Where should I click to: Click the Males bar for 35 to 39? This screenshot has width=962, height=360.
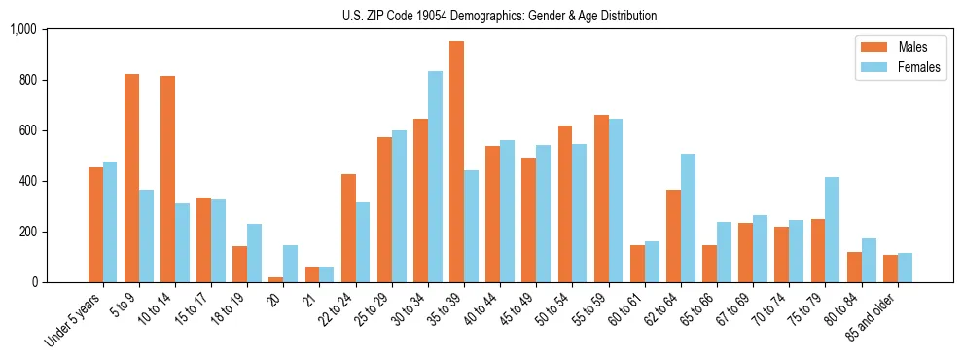(456, 162)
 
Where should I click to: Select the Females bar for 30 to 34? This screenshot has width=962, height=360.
(435, 176)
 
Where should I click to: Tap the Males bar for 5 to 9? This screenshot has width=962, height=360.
(131, 178)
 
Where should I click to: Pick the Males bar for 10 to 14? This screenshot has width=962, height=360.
(167, 179)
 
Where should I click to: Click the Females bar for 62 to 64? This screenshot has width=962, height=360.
(687, 218)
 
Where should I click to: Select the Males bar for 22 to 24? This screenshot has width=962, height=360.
(348, 228)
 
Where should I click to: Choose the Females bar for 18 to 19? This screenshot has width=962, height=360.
(254, 253)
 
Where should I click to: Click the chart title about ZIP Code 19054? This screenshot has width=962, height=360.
(499, 16)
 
